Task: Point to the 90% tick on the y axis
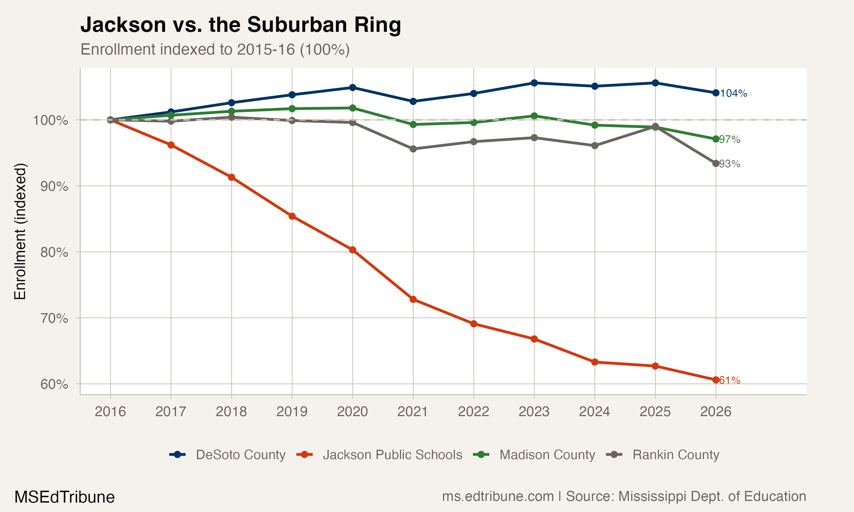pyautogui.click(x=54, y=186)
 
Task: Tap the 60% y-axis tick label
pyautogui.click(x=54, y=384)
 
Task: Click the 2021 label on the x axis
pyautogui.click(x=413, y=412)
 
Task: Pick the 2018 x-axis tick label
pyautogui.click(x=231, y=412)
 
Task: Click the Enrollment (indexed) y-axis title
pyautogui.click(x=20, y=232)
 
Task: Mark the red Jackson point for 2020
pyautogui.click(x=352, y=250)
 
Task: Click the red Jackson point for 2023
pyautogui.click(x=534, y=339)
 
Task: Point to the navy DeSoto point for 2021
pyautogui.click(x=413, y=101)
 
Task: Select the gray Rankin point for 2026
pyautogui.click(x=716, y=164)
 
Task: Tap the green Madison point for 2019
pyautogui.click(x=292, y=109)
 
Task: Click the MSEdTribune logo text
pyautogui.click(x=65, y=497)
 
